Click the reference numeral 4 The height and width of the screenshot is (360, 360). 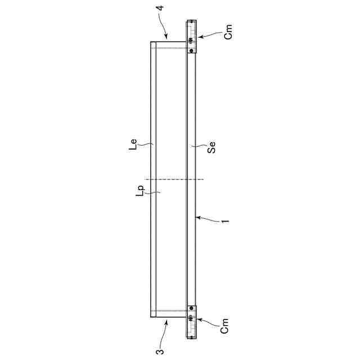(x=161, y=8)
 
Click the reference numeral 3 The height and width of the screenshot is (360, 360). (x=160, y=352)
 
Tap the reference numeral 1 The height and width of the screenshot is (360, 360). (x=226, y=221)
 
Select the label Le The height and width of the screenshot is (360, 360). (x=133, y=145)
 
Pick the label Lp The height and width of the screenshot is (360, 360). (x=141, y=191)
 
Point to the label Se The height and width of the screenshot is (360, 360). (x=211, y=147)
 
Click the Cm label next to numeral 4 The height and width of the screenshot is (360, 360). (x=228, y=32)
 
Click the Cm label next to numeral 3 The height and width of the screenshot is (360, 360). (x=224, y=326)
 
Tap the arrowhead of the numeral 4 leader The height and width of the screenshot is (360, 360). (x=166, y=37)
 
